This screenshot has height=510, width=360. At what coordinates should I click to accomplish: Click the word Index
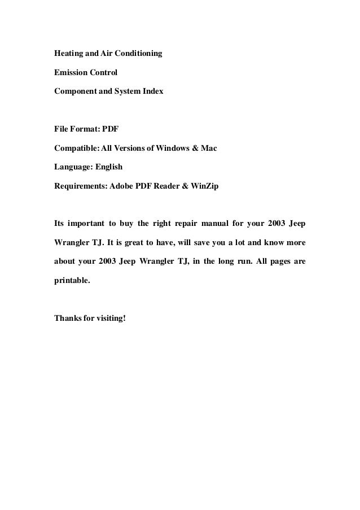152,90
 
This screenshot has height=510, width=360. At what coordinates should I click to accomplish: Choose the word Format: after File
87,129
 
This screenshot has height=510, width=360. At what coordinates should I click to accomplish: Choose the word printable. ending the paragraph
72,280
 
